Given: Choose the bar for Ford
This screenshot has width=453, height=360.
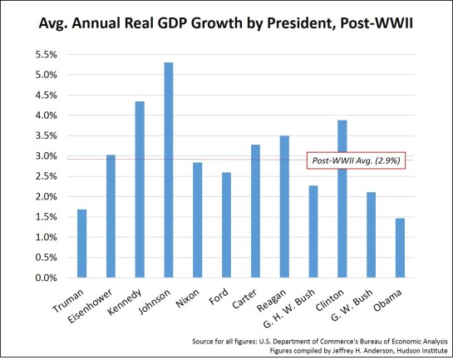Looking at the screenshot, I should pos(227,225).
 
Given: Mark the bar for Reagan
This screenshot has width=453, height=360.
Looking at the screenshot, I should pos(285,207).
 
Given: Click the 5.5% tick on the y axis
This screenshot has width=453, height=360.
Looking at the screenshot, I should pos(43,55).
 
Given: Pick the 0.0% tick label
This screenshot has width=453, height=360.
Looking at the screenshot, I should pos(43,278).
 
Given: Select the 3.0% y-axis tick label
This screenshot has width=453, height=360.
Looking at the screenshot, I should pos(43,156).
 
